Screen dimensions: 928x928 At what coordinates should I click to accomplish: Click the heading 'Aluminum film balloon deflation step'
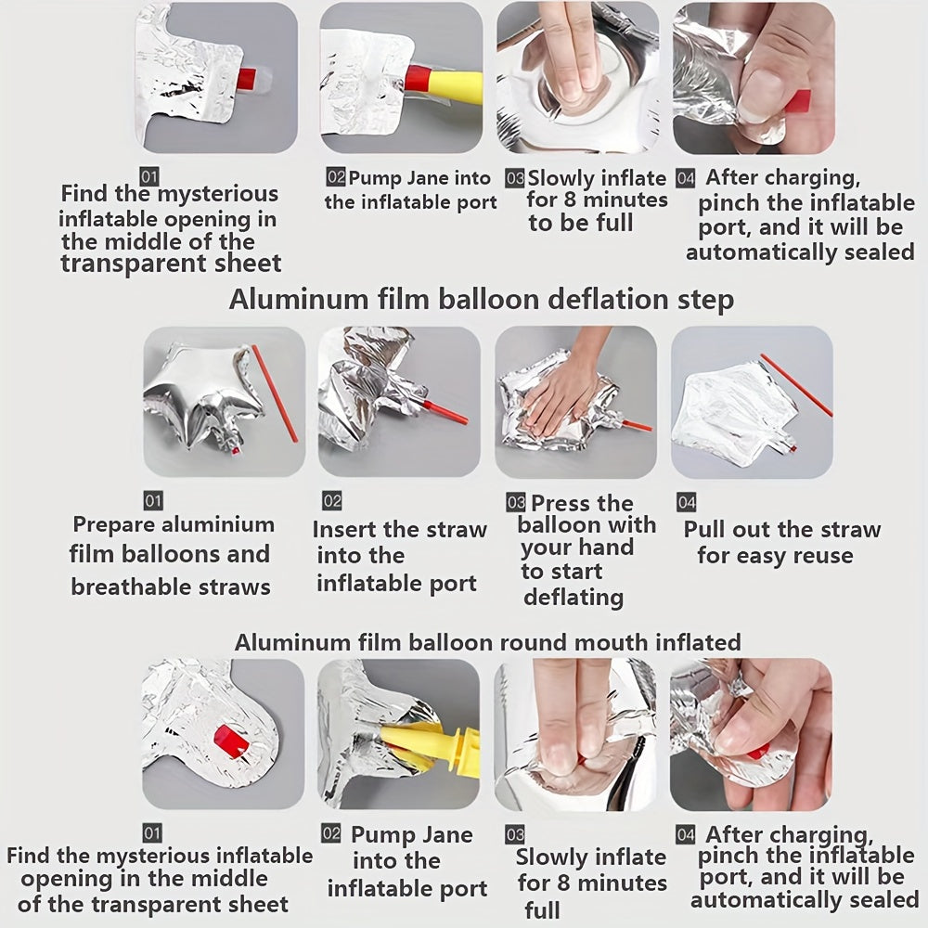click(481, 300)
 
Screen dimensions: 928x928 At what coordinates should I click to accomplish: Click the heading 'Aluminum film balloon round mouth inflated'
click(488, 642)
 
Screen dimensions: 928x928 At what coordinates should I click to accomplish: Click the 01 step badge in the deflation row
click(153, 501)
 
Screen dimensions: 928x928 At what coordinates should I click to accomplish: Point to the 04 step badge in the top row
click(686, 178)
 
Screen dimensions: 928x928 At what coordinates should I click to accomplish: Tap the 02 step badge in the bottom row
click(331, 834)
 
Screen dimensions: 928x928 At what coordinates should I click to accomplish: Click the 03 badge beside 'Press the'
click(515, 503)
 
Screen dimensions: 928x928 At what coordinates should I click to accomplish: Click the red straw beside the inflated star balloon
click(275, 393)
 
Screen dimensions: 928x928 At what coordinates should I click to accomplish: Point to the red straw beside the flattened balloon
click(796, 385)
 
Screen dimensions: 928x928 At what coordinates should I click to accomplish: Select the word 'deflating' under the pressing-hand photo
click(574, 597)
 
